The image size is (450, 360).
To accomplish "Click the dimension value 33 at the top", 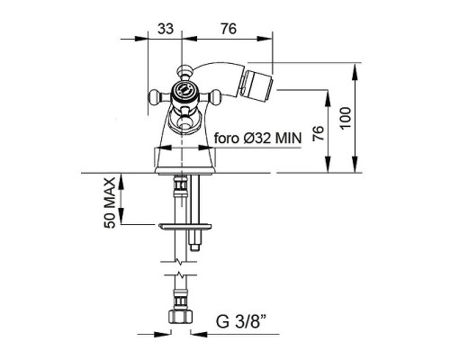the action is [x=166, y=29].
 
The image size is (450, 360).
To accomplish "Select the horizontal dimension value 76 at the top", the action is [x=229, y=29].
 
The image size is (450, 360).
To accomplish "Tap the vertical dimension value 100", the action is [x=346, y=118].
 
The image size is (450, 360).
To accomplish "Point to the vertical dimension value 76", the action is [x=319, y=133].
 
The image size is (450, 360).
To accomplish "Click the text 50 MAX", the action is [x=110, y=202].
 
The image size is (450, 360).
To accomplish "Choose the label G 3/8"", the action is [x=241, y=321].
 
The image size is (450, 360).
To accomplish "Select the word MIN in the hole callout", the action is [x=288, y=139].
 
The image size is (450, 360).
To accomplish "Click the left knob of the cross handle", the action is [x=156, y=96].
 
